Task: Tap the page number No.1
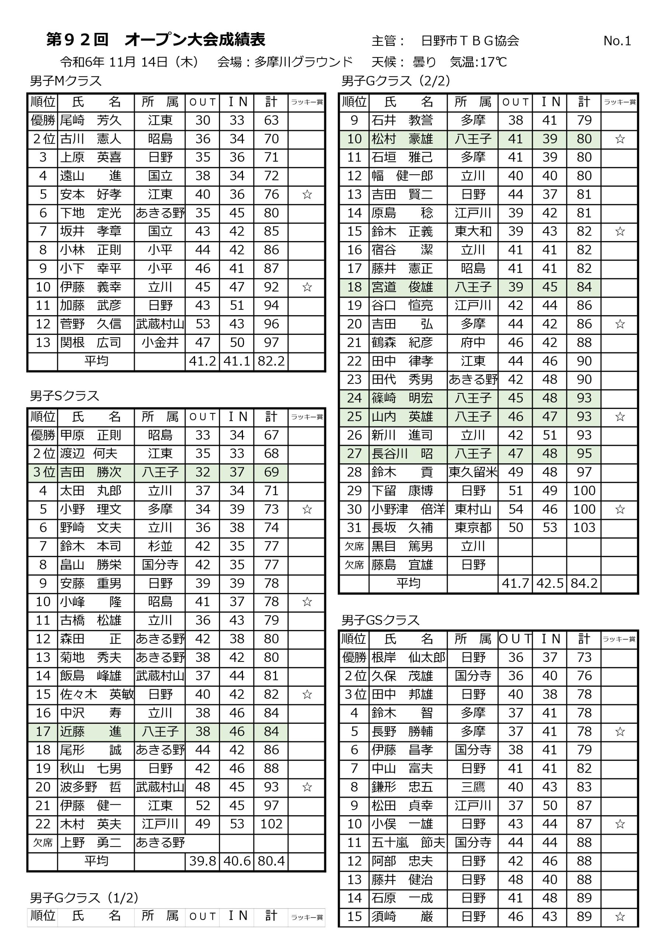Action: [617, 41]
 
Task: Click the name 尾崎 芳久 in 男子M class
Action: [90, 120]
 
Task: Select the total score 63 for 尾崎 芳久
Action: [271, 120]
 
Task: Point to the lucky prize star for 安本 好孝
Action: [307, 194]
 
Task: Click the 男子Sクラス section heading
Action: [65, 396]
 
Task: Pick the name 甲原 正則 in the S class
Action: [90, 435]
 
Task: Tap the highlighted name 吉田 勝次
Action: [90, 472]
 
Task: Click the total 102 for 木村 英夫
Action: [271, 824]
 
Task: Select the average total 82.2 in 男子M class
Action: [271, 361]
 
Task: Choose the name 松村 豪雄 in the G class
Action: [402, 139]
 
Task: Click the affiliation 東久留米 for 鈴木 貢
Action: [473, 472]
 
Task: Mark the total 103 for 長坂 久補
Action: [584, 527]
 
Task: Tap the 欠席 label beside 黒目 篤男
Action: [354, 546]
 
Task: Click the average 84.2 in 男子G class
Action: [584, 583]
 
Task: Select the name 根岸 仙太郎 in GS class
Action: [408, 657]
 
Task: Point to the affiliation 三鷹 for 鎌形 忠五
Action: [473, 787]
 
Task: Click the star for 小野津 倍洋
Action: [620, 509]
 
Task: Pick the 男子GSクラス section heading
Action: [381, 620]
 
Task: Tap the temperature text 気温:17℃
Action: [478, 62]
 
